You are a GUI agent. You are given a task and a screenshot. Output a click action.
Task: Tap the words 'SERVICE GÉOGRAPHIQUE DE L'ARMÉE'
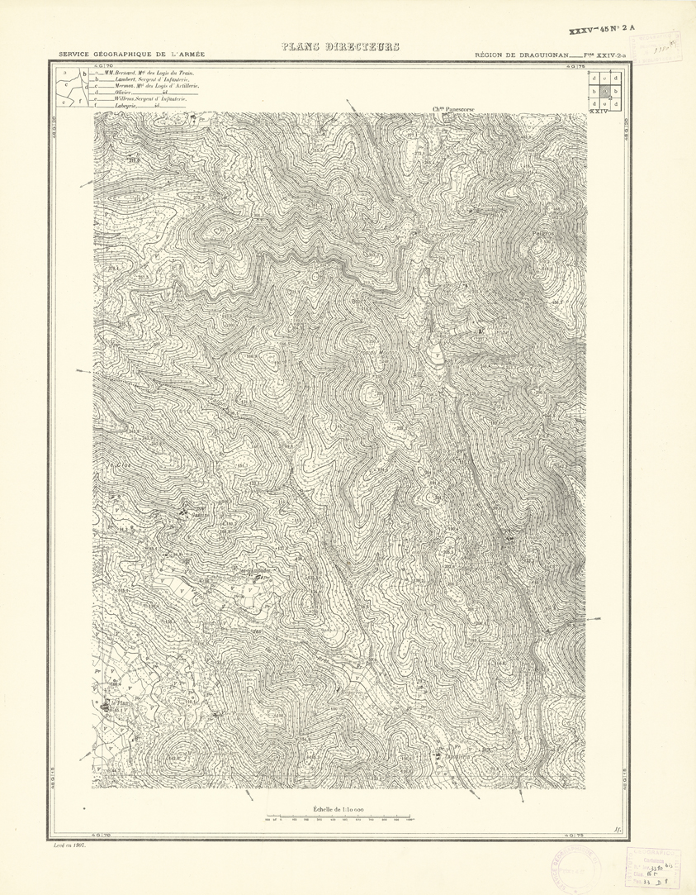[x=131, y=55]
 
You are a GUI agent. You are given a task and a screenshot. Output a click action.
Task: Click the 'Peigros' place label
[x=543, y=233]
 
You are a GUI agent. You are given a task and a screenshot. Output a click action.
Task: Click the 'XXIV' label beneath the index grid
[x=599, y=110]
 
